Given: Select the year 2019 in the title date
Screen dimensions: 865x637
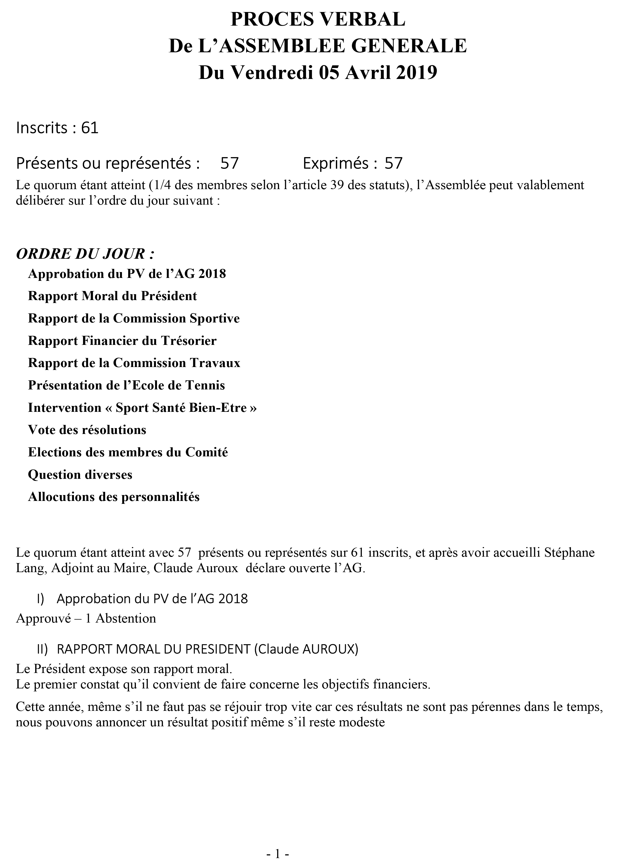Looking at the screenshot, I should (x=416, y=72).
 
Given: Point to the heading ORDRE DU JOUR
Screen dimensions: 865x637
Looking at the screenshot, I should (x=85, y=254).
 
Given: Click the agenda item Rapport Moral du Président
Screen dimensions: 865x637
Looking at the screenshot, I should (x=112, y=296).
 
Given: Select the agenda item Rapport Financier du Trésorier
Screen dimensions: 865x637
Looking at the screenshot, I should (x=122, y=341).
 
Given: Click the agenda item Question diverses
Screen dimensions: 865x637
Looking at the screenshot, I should (x=80, y=475).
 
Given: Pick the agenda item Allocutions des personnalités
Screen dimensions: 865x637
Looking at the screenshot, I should (x=114, y=497).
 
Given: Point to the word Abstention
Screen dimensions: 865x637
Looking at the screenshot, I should (x=126, y=619).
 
